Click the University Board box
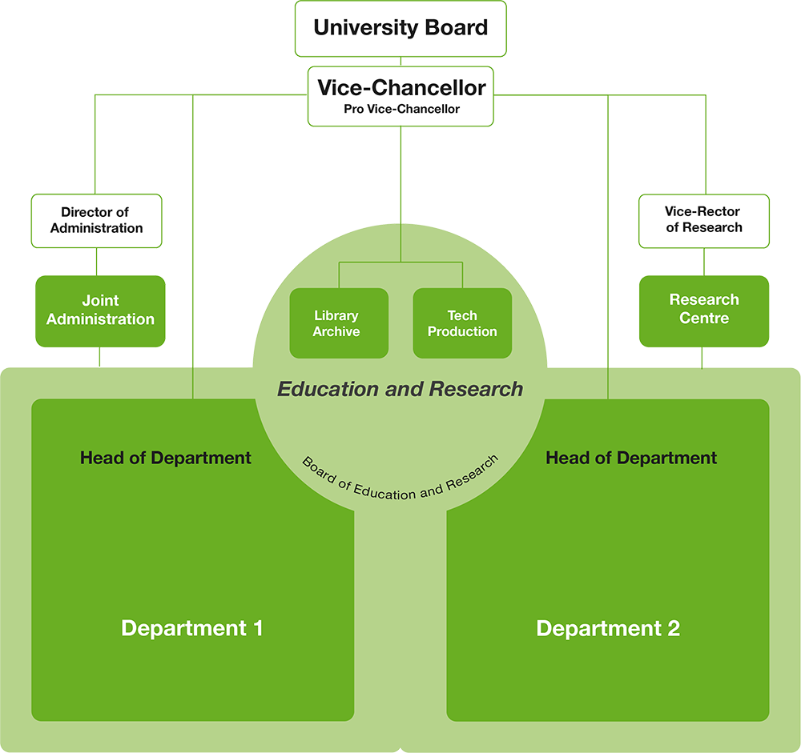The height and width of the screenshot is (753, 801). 400,28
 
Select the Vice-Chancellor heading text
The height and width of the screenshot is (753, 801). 400,87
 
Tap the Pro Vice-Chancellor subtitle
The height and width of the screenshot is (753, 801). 401,109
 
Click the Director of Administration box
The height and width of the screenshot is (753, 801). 96,220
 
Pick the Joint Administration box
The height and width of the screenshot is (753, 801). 100,310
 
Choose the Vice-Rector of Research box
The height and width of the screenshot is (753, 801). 703,220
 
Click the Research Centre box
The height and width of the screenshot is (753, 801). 703,310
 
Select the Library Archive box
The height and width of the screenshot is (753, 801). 338,323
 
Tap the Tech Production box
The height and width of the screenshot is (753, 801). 462,323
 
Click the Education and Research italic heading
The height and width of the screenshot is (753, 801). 400,389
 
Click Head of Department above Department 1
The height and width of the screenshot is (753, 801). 166,459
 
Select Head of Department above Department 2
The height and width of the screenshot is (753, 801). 631,459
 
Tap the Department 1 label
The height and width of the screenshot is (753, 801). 192,628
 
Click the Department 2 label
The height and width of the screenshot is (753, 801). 608,628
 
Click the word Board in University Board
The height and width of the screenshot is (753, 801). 453,28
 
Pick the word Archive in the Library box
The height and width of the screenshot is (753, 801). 336,331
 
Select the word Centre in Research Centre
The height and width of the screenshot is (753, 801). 704,318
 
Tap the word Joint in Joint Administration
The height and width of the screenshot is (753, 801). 100,301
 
